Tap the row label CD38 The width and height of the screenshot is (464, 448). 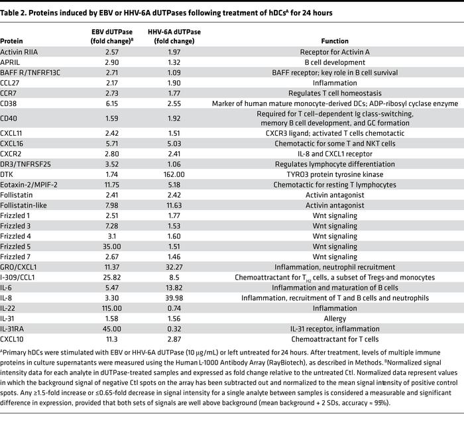coord(9,103)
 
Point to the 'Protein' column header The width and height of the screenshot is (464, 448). coord(13,41)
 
